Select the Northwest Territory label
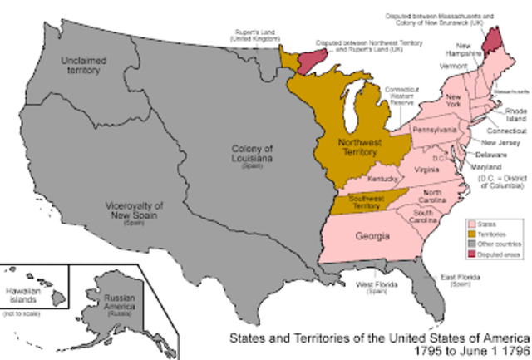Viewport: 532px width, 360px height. point(347,147)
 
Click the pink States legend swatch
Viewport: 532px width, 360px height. point(471,224)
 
